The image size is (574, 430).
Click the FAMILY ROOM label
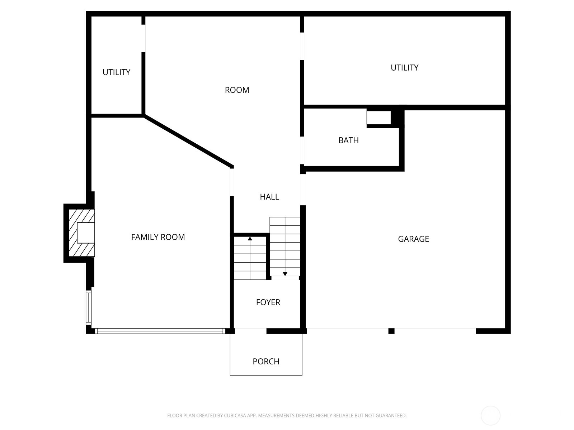(x=158, y=237)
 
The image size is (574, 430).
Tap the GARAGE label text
(x=413, y=239)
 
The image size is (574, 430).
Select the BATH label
(x=348, y=140)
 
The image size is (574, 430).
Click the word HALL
(x=269, y=197)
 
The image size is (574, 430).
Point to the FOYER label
(x=268, y=302)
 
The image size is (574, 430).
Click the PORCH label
(x=266, y=361)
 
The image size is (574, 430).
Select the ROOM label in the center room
(x=237, y=90)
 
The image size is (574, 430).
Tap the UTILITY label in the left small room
(x=116, y=72)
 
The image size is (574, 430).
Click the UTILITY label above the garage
(x=404, y=68)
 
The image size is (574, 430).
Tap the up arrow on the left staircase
(x=250, y=239)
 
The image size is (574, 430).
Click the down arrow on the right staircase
(x=285, y=274)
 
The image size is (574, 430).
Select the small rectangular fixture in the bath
(x=378, y=118)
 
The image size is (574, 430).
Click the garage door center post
(x=391, y=331)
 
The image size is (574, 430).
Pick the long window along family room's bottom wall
(x=160, y=331)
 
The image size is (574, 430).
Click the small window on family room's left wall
(x=88, y=307)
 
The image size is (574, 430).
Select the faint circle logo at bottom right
(x=490, y=416)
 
